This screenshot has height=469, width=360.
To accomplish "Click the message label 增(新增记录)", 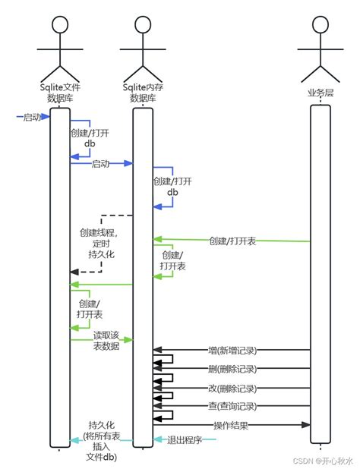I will point(232,351).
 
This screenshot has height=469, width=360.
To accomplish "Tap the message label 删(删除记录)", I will point(232,370).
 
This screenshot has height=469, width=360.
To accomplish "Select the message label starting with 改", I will point(232,388).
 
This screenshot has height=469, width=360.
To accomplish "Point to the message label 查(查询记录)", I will point(232,406).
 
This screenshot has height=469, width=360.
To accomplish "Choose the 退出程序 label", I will point(184,439).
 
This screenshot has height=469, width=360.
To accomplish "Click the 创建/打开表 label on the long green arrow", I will point(232,241).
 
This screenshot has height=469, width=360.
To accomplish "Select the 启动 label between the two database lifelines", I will point(100,163).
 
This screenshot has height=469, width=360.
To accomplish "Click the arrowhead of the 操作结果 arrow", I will point(308,424).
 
